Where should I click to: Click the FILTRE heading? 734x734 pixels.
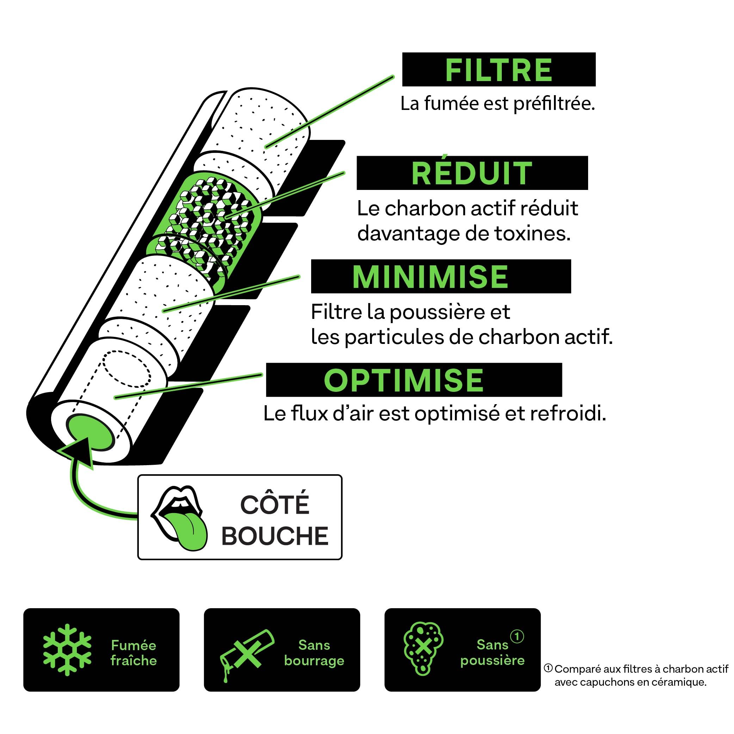click(x=499, y=70)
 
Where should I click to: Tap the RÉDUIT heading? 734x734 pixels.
click(x=472, y=174)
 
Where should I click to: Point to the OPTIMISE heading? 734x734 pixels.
click(x=403, y=380)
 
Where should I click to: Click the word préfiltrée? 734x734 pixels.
click(x=554, y=104)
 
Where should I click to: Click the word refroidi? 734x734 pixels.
click(x=568, y=414)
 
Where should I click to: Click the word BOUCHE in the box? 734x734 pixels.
click(x=275, y=536)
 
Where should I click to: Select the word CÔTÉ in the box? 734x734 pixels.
click(x=275, y=504)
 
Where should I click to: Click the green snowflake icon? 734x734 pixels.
click(x=67, y=650)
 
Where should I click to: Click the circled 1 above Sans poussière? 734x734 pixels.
click(x=517, y=636)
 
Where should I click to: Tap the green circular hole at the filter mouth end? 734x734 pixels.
click(x=90, y=433)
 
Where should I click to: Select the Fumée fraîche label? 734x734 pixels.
click(x=134, y=653)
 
